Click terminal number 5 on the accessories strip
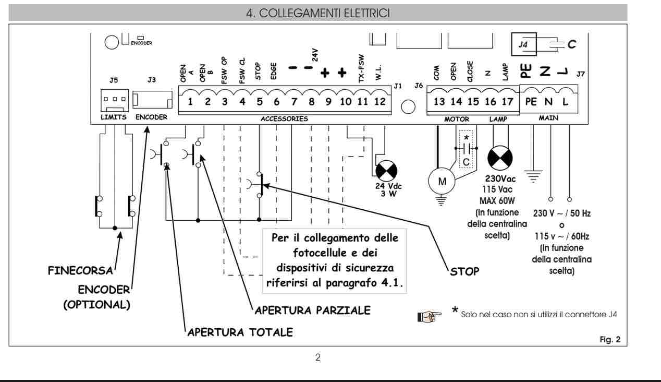[260, 102]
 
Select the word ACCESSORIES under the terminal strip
[284, 119]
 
